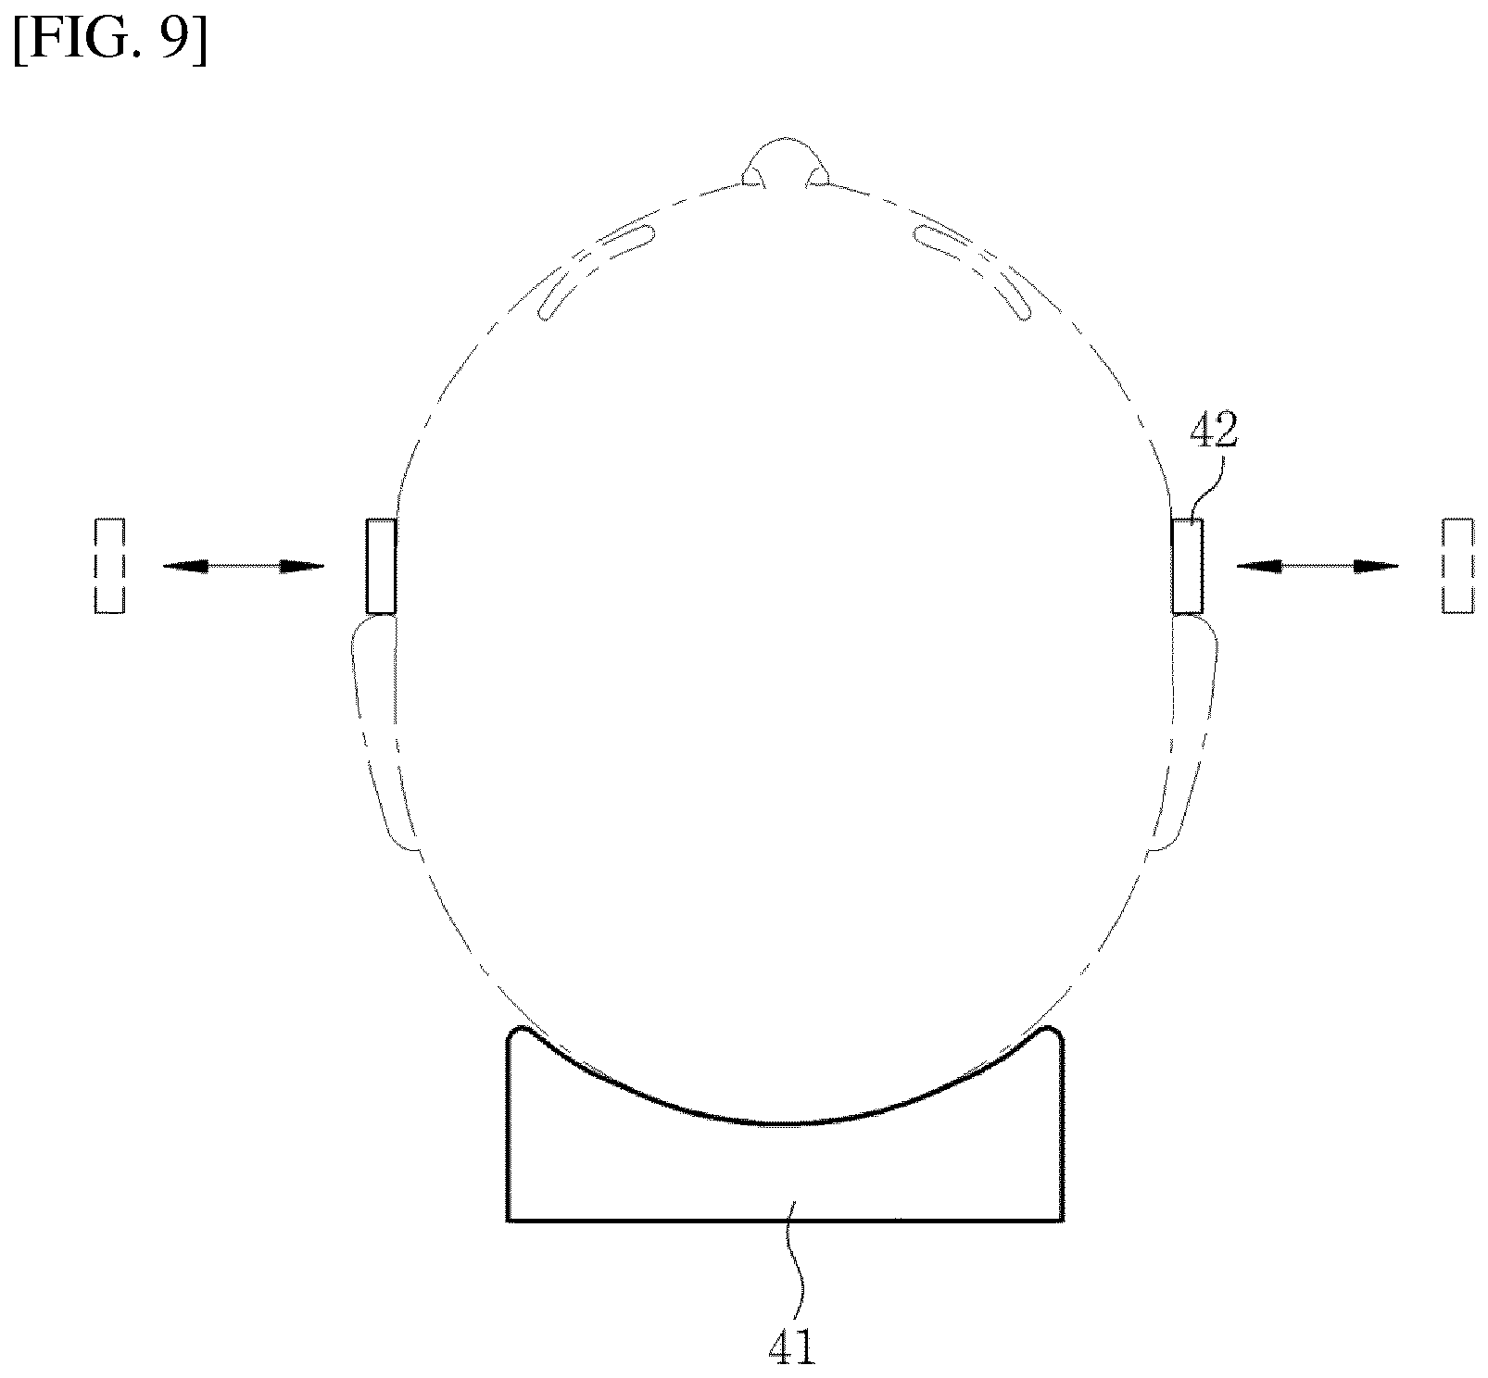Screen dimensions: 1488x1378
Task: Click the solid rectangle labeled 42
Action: [x=1187, y=566]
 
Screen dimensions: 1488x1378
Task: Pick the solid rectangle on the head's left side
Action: [x=381, y=566]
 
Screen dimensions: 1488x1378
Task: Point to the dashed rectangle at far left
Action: [x=109, y=565]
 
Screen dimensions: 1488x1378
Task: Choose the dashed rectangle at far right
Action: [x=1457, y=565]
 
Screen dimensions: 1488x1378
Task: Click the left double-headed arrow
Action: [x=244, y=566]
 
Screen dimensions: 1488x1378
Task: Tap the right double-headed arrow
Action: [x=1318, y=566]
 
